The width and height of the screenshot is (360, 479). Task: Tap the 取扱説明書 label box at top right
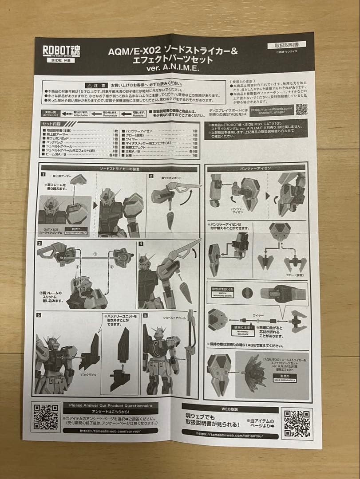tap(286, 45)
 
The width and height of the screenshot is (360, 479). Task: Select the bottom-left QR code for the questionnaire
tap(46, 416)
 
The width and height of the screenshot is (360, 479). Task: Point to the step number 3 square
tap(40, 243)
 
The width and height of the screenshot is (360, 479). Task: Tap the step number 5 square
tap(39, 315)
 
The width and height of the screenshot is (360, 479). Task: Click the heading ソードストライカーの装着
tap(119, 169)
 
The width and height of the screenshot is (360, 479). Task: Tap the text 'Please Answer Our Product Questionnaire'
tap(111, 405)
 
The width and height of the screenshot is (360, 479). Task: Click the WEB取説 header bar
tap(230, 408)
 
